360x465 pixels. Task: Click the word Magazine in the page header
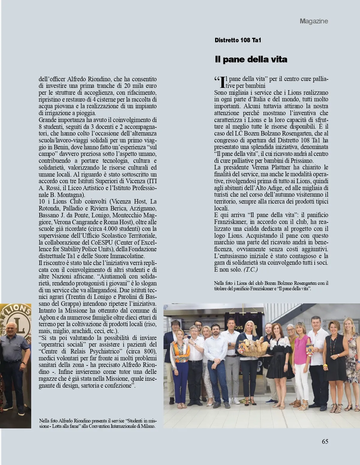pyautogui.click(x=314, y=21)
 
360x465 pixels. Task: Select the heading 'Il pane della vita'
pyautogui.click(x=251, y=59)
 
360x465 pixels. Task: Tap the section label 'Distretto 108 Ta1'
pyautogui.click(x=238, y=40)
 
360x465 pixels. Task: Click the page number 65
pyautogui.click(x=325, y=441)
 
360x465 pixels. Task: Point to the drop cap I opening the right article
pyautogui.click(x=222, y=82)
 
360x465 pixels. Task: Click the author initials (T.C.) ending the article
pyautogui.click(x=251, y=270)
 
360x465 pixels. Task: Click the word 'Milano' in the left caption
pyautogui.click(x=148, y=426)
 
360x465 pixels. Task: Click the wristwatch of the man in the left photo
pyautogui.click(x=23, y=363)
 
